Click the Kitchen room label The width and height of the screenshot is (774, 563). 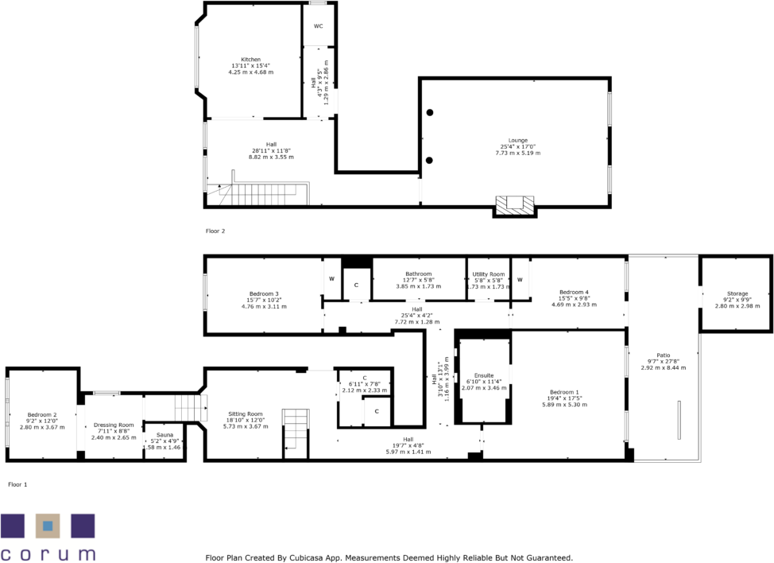251,60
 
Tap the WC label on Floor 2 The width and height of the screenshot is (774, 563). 318,26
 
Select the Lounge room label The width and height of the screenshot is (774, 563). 517,140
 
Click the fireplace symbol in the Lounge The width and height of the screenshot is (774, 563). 516,204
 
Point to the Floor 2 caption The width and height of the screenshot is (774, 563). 215,231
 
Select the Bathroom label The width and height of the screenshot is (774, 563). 418,274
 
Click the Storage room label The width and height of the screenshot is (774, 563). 737,293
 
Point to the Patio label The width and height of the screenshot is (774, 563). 664,355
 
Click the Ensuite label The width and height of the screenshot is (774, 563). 483,375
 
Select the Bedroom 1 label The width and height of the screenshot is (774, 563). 564,392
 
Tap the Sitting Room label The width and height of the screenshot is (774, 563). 245,414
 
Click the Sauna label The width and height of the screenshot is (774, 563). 164,435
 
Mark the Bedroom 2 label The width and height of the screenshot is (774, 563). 42,414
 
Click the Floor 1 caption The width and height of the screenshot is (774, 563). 17,483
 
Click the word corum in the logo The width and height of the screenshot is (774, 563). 48,553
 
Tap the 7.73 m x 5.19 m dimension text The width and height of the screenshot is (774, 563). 517,153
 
